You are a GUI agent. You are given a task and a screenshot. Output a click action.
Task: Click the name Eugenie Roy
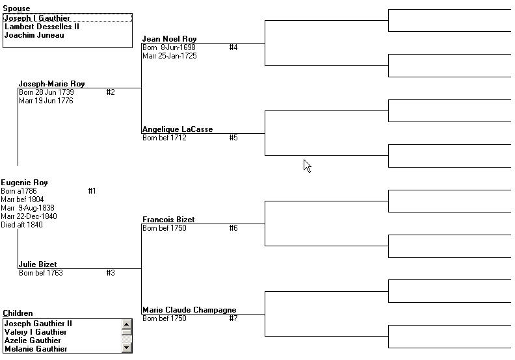click(24, 183)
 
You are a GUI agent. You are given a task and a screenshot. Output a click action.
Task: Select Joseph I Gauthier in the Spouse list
click(37, 18)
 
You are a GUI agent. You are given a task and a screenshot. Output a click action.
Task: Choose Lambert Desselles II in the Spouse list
click(42, 27)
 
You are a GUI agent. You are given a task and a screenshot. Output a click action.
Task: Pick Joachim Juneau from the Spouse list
click(34, 35)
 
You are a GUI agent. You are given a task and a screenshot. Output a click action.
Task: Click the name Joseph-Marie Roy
click(51, 84)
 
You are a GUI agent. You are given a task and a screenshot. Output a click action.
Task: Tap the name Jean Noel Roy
click(170, 39)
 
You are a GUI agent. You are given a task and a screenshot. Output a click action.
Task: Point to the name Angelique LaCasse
click(178, 129)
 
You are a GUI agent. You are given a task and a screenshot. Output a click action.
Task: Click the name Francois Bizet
click(168, 220)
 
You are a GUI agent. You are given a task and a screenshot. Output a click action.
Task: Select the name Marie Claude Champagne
click(189, 310)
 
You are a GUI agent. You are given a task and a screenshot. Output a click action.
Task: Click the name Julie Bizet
click(38, 264)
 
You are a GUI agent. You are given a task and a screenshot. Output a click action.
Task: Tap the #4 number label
click(233, 47)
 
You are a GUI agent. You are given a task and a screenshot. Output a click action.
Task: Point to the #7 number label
click(233, 318)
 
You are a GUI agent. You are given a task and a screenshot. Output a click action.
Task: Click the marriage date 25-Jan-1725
click(178, 56)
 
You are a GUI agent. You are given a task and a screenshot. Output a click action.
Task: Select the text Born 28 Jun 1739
click(46, 92)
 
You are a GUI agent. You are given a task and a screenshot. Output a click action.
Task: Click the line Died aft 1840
click(21, 225)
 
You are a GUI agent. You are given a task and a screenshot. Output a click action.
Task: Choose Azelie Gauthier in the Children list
click(33, 341)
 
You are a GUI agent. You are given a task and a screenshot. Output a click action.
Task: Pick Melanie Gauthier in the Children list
click(36, 349)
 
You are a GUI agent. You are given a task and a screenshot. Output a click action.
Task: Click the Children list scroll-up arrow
click(126, 324)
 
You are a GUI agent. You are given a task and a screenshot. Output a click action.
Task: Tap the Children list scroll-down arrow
click(126, 348)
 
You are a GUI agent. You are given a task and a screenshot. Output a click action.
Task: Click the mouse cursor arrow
click(307, 166)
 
